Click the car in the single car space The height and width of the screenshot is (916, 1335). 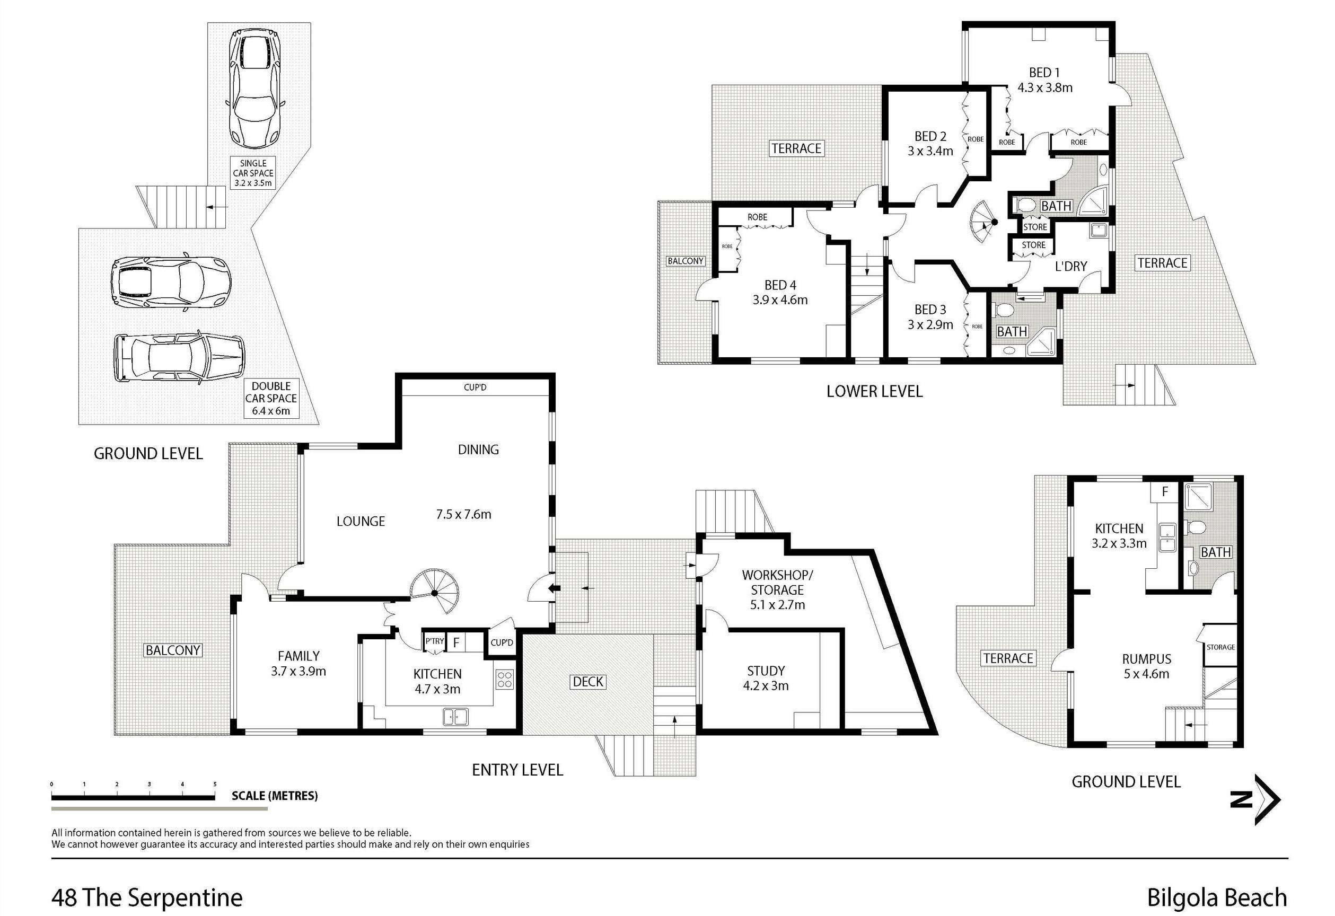coord(254,89)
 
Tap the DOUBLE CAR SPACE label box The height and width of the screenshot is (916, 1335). coord(271,399)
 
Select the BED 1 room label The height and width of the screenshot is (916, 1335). coord(1044,73)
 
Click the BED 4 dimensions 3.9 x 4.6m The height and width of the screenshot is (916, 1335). coord(780,300)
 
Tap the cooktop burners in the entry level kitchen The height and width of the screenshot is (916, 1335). coord(504,680)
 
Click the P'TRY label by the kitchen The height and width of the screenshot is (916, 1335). coord(434,641)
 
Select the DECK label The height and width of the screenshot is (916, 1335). coord(587,682)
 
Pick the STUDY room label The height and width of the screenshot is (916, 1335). coord(766,671)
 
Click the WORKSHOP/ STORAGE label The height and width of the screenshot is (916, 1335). coord(777,583)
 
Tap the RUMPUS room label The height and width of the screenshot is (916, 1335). coord(1147,659)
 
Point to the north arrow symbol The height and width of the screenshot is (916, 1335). coord(1255,799)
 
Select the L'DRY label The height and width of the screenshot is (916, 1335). coord(1071,267)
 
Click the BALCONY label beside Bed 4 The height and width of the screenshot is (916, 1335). coord(686,261)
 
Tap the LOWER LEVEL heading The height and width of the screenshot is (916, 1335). coord(874,392)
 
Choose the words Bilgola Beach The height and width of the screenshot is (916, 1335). coord(1217,897)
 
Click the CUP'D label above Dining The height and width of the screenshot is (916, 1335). coord(475,387)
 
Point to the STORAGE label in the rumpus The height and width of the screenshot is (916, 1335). coord(1220,647)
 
